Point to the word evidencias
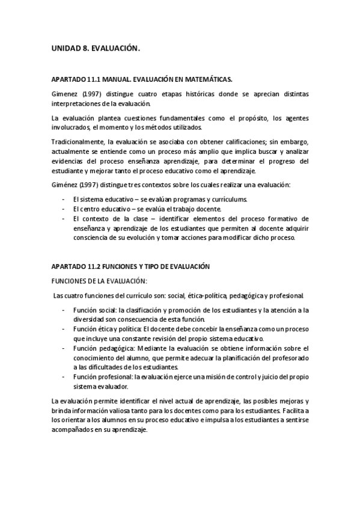coord(68,162)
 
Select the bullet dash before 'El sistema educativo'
coord(64,199)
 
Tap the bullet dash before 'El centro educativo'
coord(64,209)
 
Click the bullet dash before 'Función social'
coord(64,310)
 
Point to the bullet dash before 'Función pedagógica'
coord(64,348)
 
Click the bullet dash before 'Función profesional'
coord(64,376)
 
